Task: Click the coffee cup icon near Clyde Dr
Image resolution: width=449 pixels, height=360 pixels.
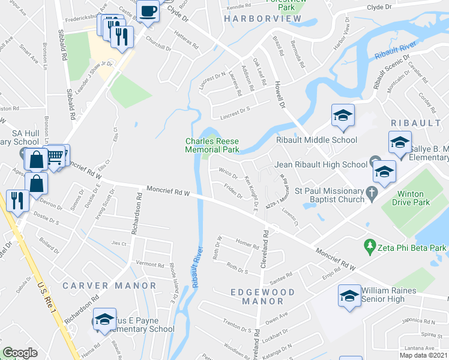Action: tap(147, 11)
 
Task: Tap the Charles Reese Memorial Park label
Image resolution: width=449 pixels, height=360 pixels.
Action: tap(212, 145)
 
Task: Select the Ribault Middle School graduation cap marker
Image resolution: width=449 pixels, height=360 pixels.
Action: tap(343, 116)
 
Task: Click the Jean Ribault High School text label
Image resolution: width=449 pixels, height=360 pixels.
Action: tap(321, 164)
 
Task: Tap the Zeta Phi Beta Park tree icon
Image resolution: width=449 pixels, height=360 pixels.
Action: tap(370, 246)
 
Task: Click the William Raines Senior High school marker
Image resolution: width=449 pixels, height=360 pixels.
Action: tap(349, 296)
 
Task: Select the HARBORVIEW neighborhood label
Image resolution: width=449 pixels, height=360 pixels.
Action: tap(262, 19)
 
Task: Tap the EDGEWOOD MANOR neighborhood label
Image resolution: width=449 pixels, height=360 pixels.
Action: tap(264, 296)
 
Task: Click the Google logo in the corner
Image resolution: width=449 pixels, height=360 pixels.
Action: tap(20, 353)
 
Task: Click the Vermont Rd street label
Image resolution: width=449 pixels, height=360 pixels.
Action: tap(150, 264)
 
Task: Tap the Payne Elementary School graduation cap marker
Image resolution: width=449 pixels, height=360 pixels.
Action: tap(104, 320)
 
